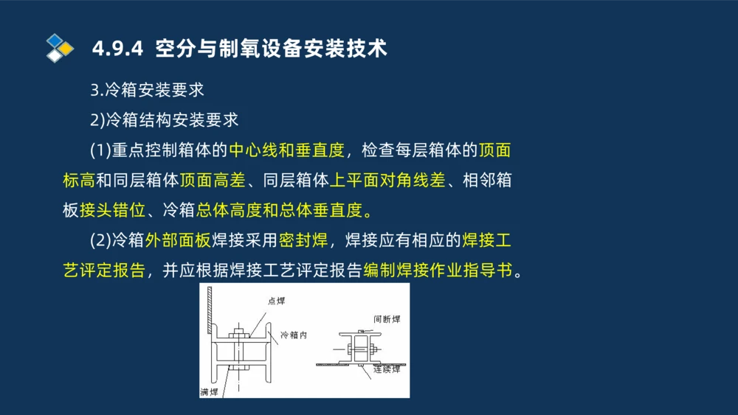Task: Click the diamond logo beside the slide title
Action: [x=60, y=48]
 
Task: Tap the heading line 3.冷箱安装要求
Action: [x=147, y=91]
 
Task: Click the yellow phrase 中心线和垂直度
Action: [x=286, y=150]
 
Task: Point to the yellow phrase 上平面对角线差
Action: [x=387, y=181]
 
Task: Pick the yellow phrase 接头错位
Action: [x=112, y=210]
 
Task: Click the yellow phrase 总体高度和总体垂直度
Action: [x=280, y=210]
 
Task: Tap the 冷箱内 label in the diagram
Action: [x=293, y=335]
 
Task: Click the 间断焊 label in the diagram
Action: [x=386, y=318]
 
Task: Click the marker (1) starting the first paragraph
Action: [x=100, y=150]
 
